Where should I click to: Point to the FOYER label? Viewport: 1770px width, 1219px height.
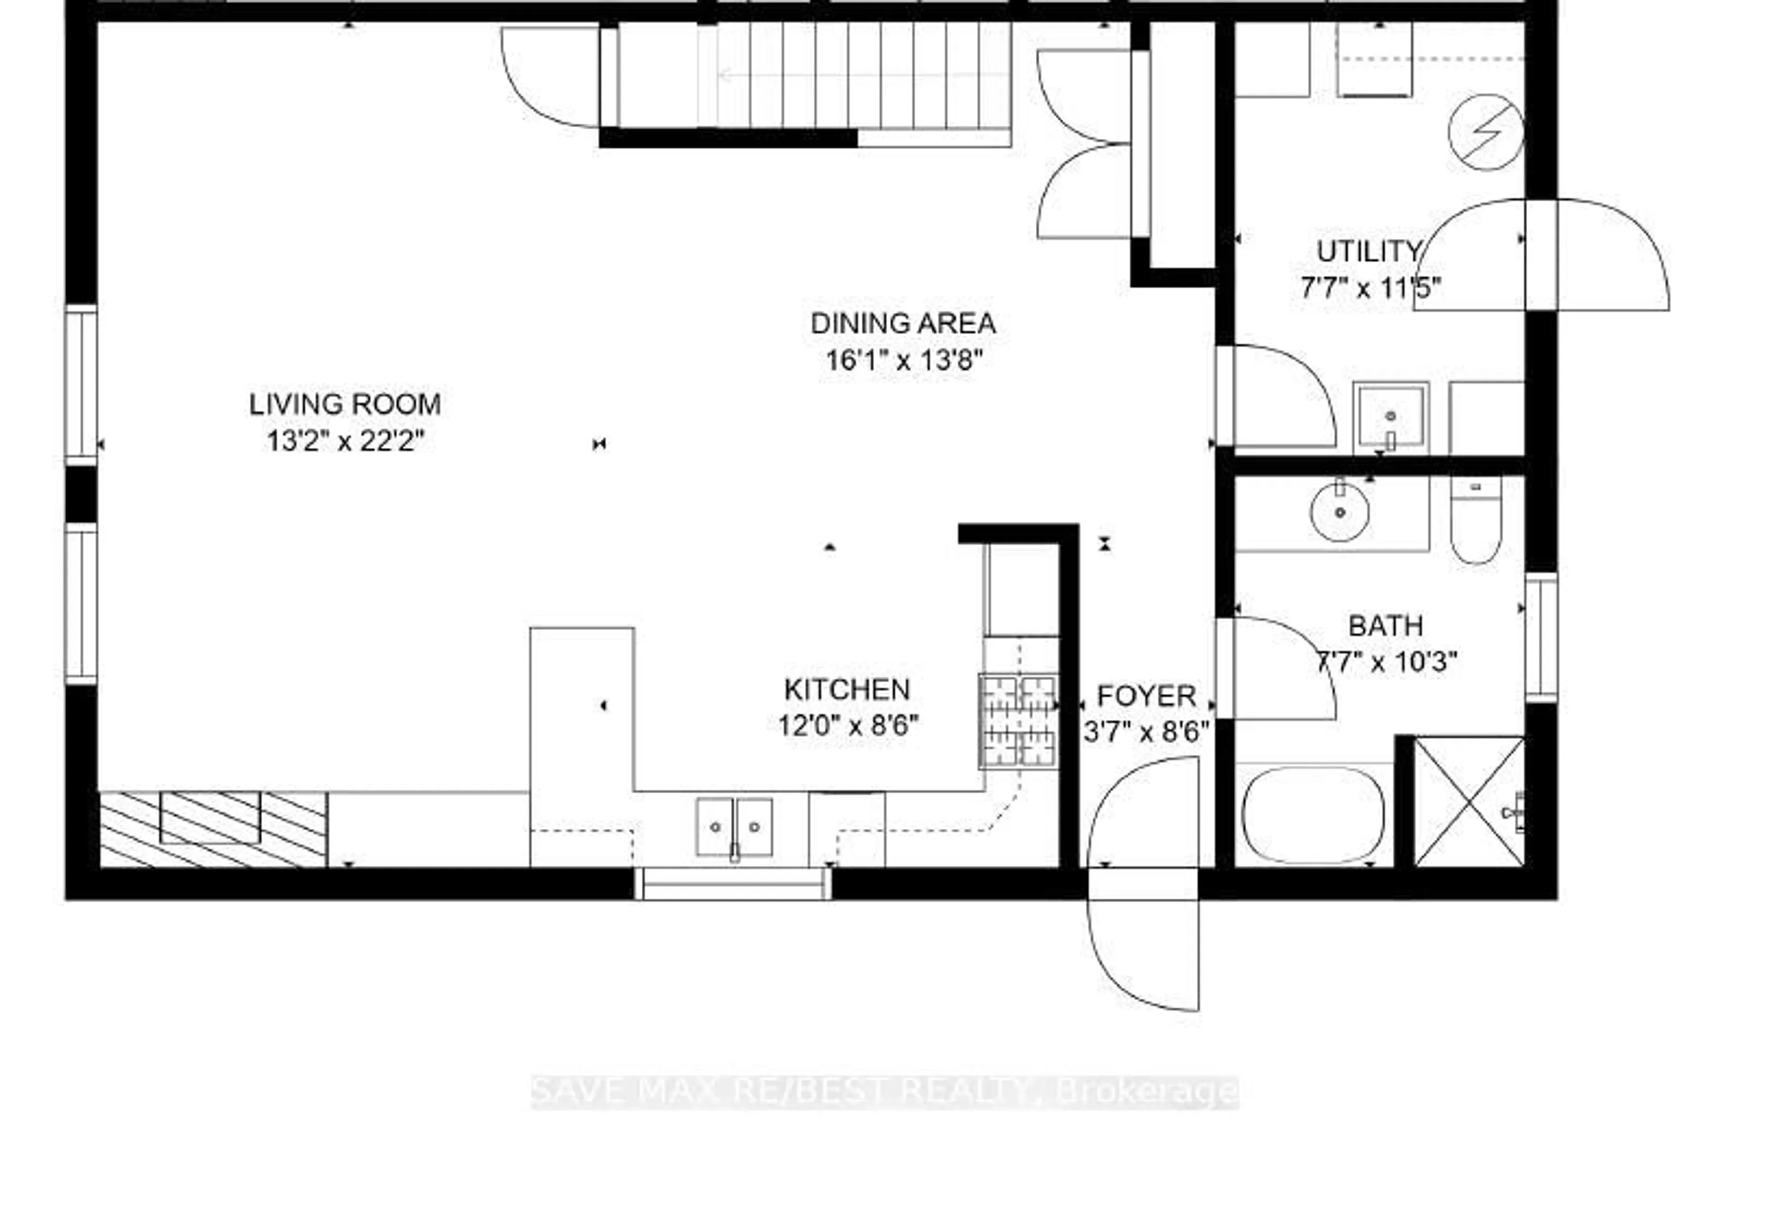tap(1146, 696)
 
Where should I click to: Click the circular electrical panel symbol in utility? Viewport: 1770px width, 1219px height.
tap(1485, 132)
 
